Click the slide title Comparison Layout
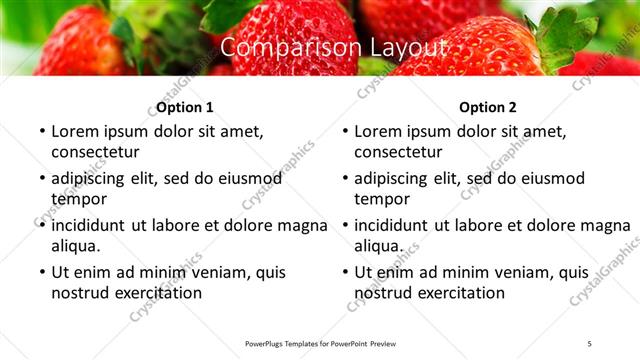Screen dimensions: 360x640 click(320, 48)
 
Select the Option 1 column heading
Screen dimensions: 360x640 click(184, 107)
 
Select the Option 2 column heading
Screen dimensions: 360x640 click(487, 107)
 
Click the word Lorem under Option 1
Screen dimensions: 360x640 click(76, 131)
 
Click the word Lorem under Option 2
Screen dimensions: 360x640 click(379, 131)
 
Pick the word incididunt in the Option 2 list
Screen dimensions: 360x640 click(397, 225)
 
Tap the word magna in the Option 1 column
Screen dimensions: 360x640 click(302, 225)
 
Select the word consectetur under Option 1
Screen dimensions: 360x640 click(95, 151)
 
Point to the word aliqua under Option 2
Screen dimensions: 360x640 click(378, 245)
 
